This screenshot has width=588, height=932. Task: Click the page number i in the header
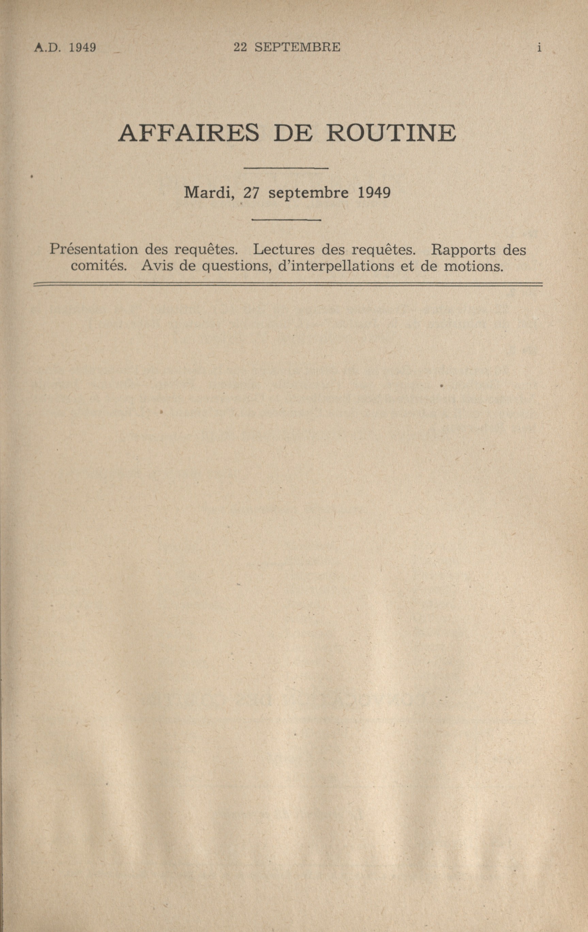coord(539,48)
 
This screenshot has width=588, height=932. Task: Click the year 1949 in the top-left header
coord(82,48)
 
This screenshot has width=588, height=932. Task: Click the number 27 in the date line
coord(251,193)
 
